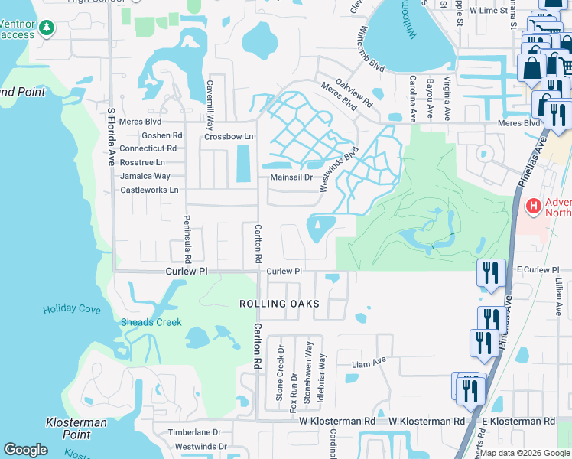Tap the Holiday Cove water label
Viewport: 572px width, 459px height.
point(71,309)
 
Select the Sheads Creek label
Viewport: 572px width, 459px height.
point(151,322)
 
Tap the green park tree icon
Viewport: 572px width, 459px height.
point(47,28)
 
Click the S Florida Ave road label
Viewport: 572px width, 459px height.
point(112,138)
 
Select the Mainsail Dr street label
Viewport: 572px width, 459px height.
point(292,177)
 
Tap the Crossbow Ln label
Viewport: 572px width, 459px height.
point(228,137)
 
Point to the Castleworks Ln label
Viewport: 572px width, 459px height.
point(149,190)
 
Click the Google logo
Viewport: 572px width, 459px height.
point(25,450)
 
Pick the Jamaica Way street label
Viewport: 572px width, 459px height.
point(145,176)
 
